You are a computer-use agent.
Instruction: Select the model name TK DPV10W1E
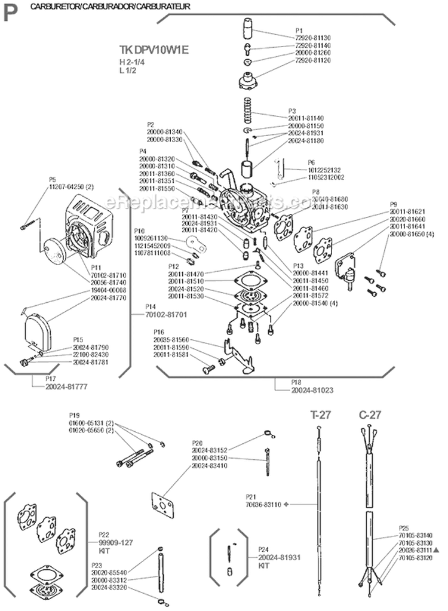pos(154,50)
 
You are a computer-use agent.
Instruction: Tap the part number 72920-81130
pos(313,37)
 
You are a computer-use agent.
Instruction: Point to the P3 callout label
pos(292,110)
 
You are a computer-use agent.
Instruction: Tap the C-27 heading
pos(370,415)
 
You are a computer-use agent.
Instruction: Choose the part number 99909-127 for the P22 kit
pos(115,542)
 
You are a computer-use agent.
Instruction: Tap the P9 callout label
pos(394,204)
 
